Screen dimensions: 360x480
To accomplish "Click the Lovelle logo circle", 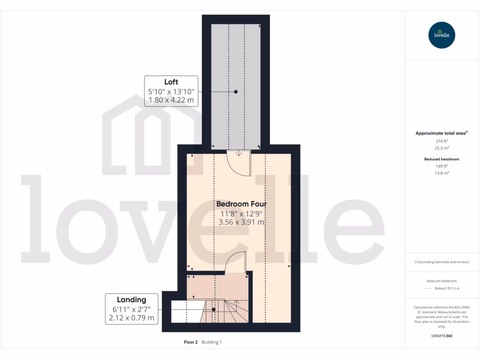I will [x=442, y=35].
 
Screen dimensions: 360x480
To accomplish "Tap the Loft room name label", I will [x=171, y=82].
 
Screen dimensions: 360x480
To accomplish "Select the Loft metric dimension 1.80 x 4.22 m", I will [x=171, y=100].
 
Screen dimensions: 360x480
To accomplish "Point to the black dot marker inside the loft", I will [x=236, y=92].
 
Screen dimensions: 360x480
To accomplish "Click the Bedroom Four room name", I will [x=241, y=204].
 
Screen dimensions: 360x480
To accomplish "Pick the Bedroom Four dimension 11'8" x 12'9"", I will [x=241, y=213].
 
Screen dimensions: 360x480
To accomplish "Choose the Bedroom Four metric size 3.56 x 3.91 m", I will [x=241, y=222].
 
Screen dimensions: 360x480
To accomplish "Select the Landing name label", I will [x=132, y=300].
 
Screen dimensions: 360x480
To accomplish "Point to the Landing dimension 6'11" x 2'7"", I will [x=132, y=309].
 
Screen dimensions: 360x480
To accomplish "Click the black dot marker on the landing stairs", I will [x=214, y=309].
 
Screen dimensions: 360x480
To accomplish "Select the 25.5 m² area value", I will [x=442, y=148].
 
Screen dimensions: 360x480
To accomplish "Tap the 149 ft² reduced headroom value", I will [x=442, y=166].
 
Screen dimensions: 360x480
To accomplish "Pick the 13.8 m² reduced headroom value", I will [x=442, y=173].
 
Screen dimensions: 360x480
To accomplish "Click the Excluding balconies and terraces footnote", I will [x=442, y=262].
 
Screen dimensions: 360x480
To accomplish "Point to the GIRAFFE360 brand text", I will [x=442, y=336].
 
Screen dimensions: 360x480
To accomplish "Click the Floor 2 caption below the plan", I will [x=191, y=342].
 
